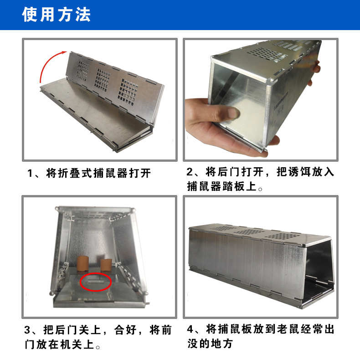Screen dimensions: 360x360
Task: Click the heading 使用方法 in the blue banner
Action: coord(56,15)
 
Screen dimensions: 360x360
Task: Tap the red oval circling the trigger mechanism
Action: coord(96,282)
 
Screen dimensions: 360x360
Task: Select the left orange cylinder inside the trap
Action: coord(82,263)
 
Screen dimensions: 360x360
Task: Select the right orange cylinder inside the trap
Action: coord(106,265)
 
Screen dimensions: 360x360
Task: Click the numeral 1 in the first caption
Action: coord(30,173)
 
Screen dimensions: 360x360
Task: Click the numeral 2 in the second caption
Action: coord(190,172)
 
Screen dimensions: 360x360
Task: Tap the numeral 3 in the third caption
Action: coord(27,330)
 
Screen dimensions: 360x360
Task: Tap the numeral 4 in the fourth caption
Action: coord(190,329)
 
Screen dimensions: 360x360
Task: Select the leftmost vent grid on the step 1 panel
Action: coord(82,71)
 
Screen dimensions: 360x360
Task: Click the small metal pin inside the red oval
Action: coord(96,282)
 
